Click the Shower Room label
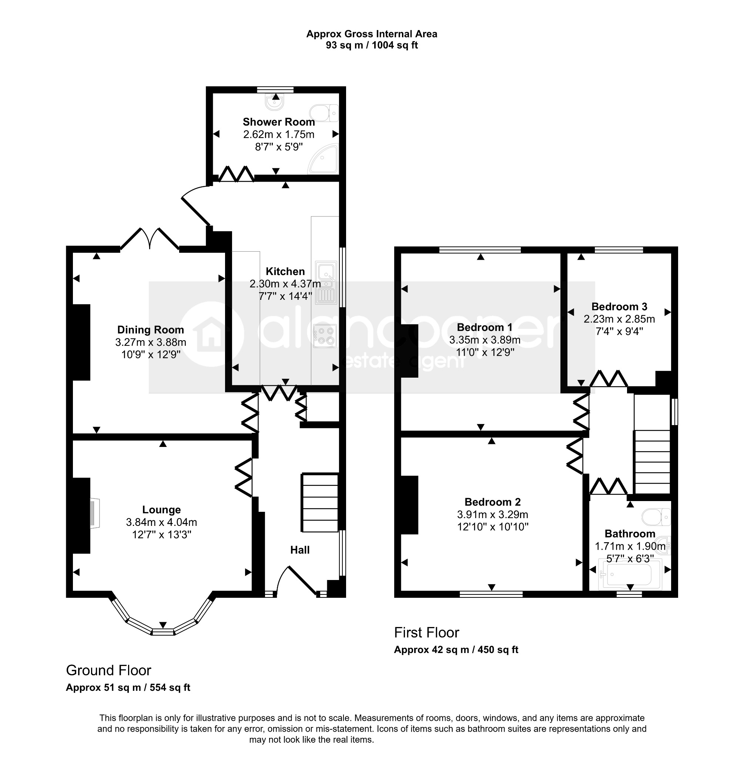tap(279, 122)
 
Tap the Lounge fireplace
tap(94, 514)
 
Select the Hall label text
tap(300, 550)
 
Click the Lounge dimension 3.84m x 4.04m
tap(161, 522)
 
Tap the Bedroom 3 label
tap(619, 307)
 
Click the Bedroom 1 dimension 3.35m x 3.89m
tap(485, 340)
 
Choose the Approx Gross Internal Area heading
tap(372, 34)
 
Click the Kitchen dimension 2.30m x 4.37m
tap(285, 284)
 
